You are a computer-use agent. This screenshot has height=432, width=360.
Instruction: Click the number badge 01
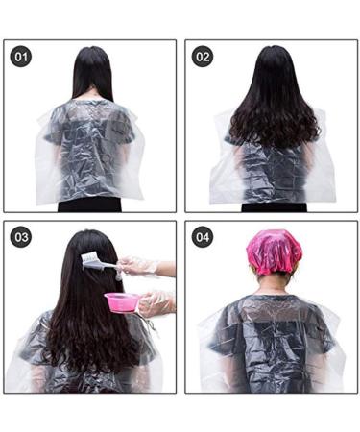pos(21,57)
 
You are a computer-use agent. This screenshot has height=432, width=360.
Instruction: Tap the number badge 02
pos(203,57)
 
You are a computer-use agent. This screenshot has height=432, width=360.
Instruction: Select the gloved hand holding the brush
pos(140,266)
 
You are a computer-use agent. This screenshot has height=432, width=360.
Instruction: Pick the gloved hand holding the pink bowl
pos(154,303)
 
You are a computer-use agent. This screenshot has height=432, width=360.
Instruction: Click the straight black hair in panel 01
pos(91,77)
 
